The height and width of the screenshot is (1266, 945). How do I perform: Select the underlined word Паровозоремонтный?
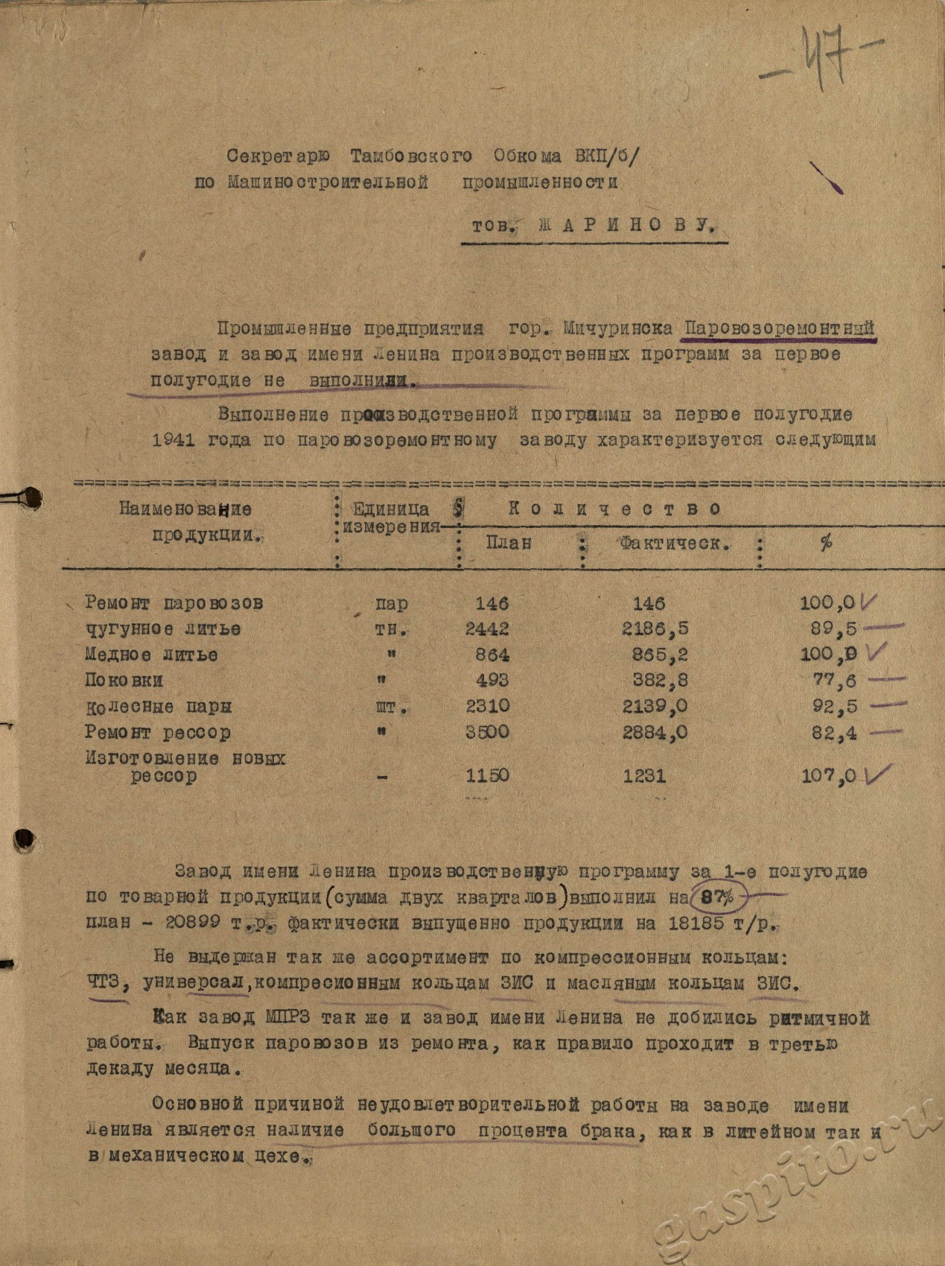779,328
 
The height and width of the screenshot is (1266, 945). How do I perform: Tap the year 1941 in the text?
174,440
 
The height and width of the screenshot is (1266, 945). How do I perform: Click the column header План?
509,543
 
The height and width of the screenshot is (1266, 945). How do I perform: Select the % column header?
825,544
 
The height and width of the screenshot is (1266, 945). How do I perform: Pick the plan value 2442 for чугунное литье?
487,629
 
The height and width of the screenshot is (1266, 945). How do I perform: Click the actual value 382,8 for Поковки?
655,681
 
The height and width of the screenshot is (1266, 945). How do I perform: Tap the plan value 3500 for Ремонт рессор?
487,732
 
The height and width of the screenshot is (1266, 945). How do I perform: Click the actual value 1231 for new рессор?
644,776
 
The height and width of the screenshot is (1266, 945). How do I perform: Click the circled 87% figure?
717,897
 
